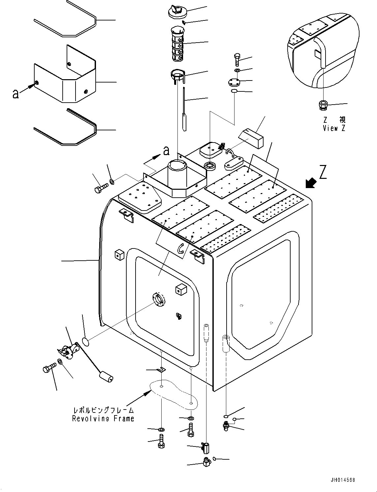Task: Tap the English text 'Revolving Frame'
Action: pos(103,418)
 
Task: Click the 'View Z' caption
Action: pos(334,128)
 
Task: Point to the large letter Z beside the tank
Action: pos(323,172)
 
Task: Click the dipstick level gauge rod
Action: pos(184,109)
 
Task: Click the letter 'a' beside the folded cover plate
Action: pos(16,94)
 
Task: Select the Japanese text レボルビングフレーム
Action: pos(103,410)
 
